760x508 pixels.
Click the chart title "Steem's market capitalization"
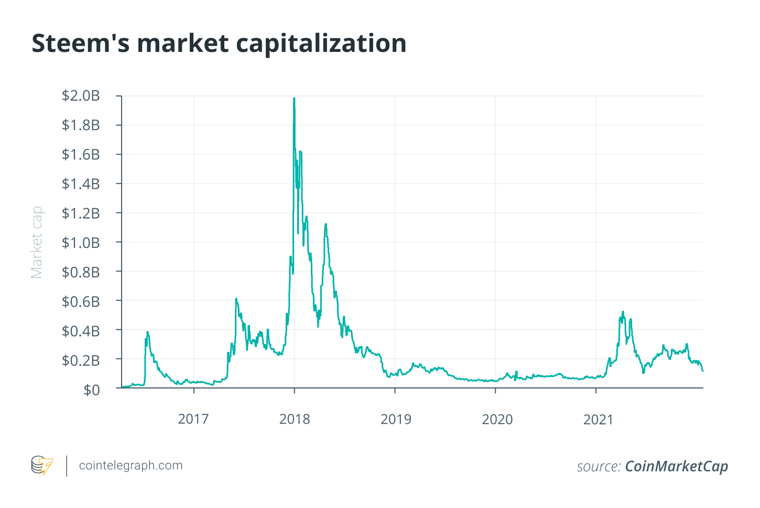click(x=219, y=43)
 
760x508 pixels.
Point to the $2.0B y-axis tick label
click(x=81, y=96)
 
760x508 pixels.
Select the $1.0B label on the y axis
click(x=81, y=243)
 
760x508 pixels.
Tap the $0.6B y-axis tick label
click(x=81, y=301)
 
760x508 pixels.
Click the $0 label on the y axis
click(x=92, y=390)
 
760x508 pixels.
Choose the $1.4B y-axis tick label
click(x=81, y=184)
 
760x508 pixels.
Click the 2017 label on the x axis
click(x=193, y=419)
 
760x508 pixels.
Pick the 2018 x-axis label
click(x=295, y=419)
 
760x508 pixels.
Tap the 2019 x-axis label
click(x=396, y=419)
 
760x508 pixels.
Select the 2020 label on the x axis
click(x=497, y=419)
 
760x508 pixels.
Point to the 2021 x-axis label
click(x=598, y=419)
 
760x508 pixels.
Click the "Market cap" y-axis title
click(x=36, y=242)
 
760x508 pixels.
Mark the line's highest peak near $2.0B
click(x=294, y=98)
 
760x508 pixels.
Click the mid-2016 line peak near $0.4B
click(x=148, y=332)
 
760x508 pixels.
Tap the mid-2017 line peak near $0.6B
click(x=236, y=299)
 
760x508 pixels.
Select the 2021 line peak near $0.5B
click(x=623, y=312)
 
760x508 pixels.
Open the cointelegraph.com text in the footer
click(x=131, y=466)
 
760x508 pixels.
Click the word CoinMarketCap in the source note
click(x=677, y=467)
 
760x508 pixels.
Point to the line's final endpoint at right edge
click(x=702, y=371)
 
